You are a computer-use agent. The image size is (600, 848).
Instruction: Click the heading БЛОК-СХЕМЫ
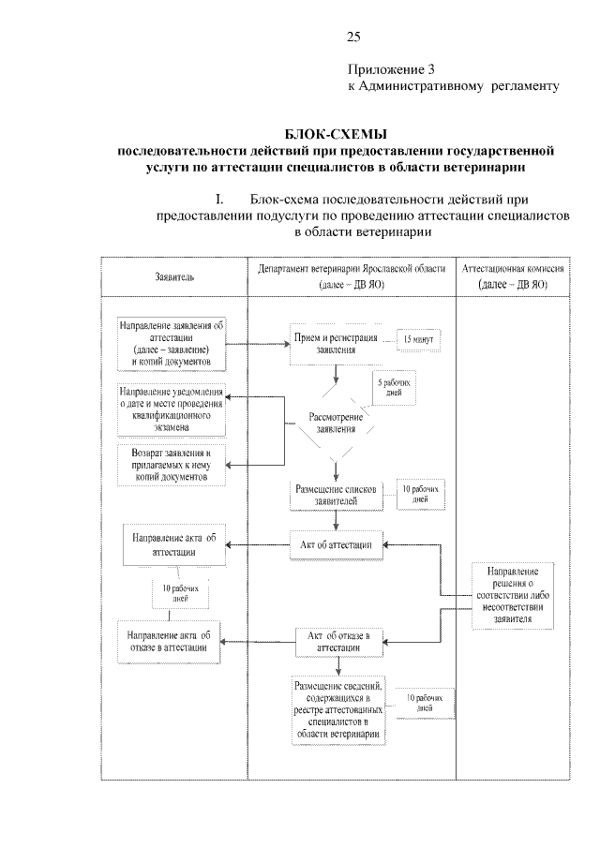click(336, 133)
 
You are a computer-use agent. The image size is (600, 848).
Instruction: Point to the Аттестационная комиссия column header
click(512, 275)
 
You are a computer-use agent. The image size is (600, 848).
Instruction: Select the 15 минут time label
click(419, 338)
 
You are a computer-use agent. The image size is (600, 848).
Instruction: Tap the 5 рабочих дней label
click(393, 388)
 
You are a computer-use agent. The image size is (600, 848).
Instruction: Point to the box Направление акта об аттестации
click(173, 543)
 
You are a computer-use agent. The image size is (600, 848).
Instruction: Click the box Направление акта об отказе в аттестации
click(171, 641)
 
